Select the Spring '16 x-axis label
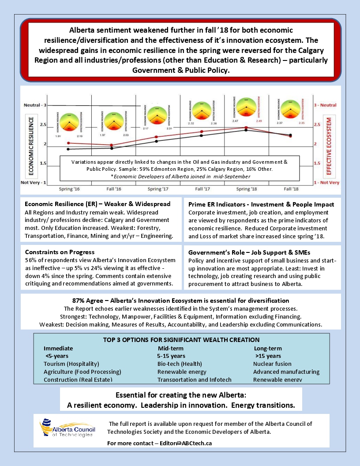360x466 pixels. click(69, 188)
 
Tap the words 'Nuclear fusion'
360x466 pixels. click(272, 364)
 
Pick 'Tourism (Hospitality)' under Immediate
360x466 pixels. click(71, 364)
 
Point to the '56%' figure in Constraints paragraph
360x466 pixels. click(31, 260)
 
